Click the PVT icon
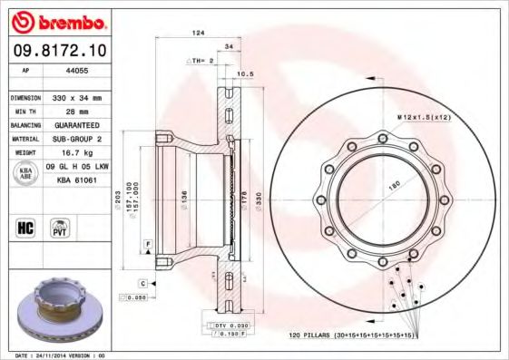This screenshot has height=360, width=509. [x=59, y=228]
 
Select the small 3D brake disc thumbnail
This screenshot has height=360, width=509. [x=55, y=311]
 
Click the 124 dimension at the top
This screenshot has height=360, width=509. [x=197, y=33]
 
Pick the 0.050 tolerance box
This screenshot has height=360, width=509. [x=137, y=297]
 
